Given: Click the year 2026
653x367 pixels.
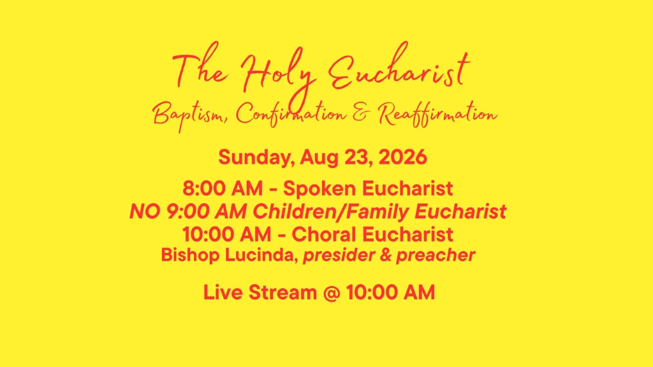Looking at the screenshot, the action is tap(403, 157).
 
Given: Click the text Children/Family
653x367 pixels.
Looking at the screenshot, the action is tap(331, 212).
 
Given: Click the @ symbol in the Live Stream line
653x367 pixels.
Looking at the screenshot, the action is tap(332, 292).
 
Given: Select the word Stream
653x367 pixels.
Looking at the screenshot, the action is tap(282, 292).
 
